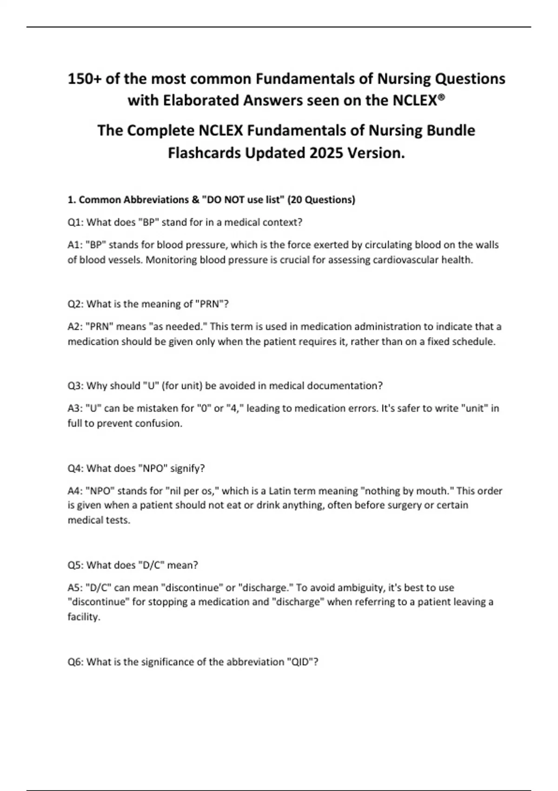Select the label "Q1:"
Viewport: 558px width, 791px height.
(76, 222)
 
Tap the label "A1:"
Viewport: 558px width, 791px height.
(75, 245)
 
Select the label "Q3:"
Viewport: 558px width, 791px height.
(76, 386)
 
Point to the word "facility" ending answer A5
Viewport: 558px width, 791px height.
(83, 617)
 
